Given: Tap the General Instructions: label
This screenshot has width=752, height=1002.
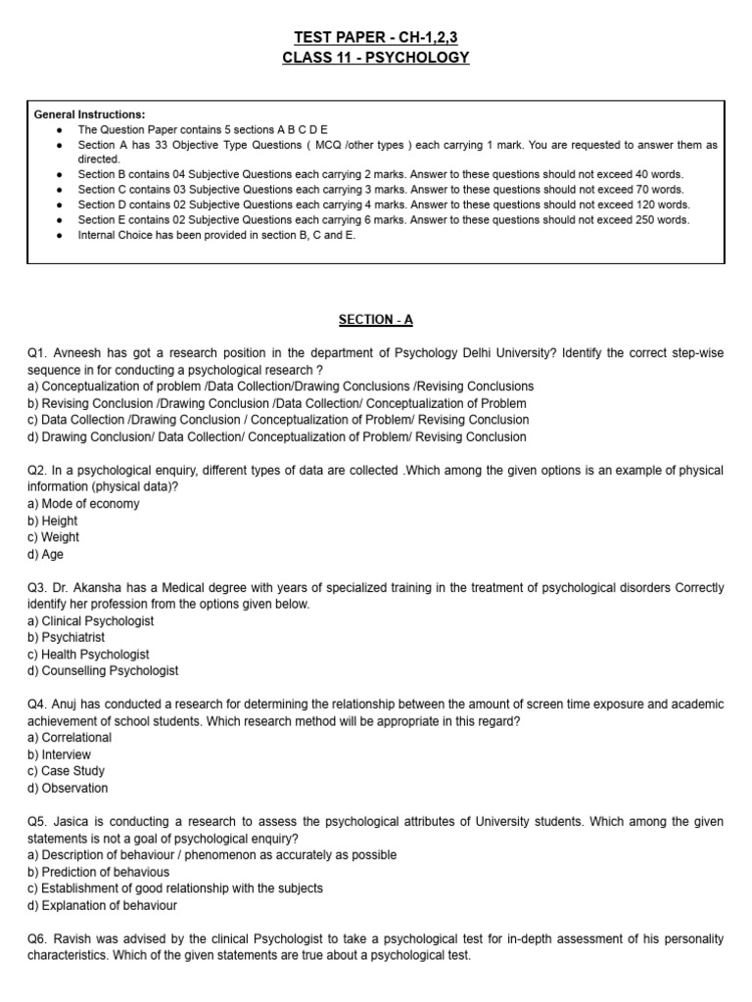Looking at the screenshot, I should tap(89, 114).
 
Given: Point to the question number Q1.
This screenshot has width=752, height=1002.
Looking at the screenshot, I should tap(38, 353).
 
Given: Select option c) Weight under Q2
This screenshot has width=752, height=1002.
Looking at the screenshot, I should tap(54, 537).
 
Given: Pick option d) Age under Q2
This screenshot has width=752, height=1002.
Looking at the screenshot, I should tap(46, 554).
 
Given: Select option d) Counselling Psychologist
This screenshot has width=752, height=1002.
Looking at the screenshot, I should tap(103, 671).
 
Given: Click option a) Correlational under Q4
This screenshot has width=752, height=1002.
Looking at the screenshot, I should tap(70, 738).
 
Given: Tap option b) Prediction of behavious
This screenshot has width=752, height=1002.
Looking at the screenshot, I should tap(98, 872).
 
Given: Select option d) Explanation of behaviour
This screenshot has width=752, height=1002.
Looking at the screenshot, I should tap(103, 905).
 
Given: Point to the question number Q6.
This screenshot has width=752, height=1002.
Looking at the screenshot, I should tap(38, 939).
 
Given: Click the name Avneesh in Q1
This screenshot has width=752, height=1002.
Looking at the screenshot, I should tap(79, 353).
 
